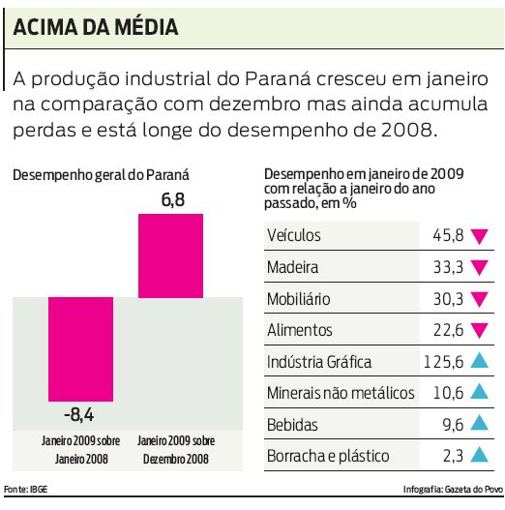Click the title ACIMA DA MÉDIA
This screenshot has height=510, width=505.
point(96,28)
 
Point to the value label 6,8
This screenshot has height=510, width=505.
point(170,200)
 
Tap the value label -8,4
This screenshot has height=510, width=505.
point(79,416)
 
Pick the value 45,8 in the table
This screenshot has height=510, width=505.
point(448,235)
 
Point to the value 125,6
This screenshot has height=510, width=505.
point(444,362)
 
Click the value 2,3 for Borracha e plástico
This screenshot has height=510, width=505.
point(452,456)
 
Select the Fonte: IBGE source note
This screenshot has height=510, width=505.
point(26,490)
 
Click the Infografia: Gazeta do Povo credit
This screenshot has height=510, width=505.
point(451,490)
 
